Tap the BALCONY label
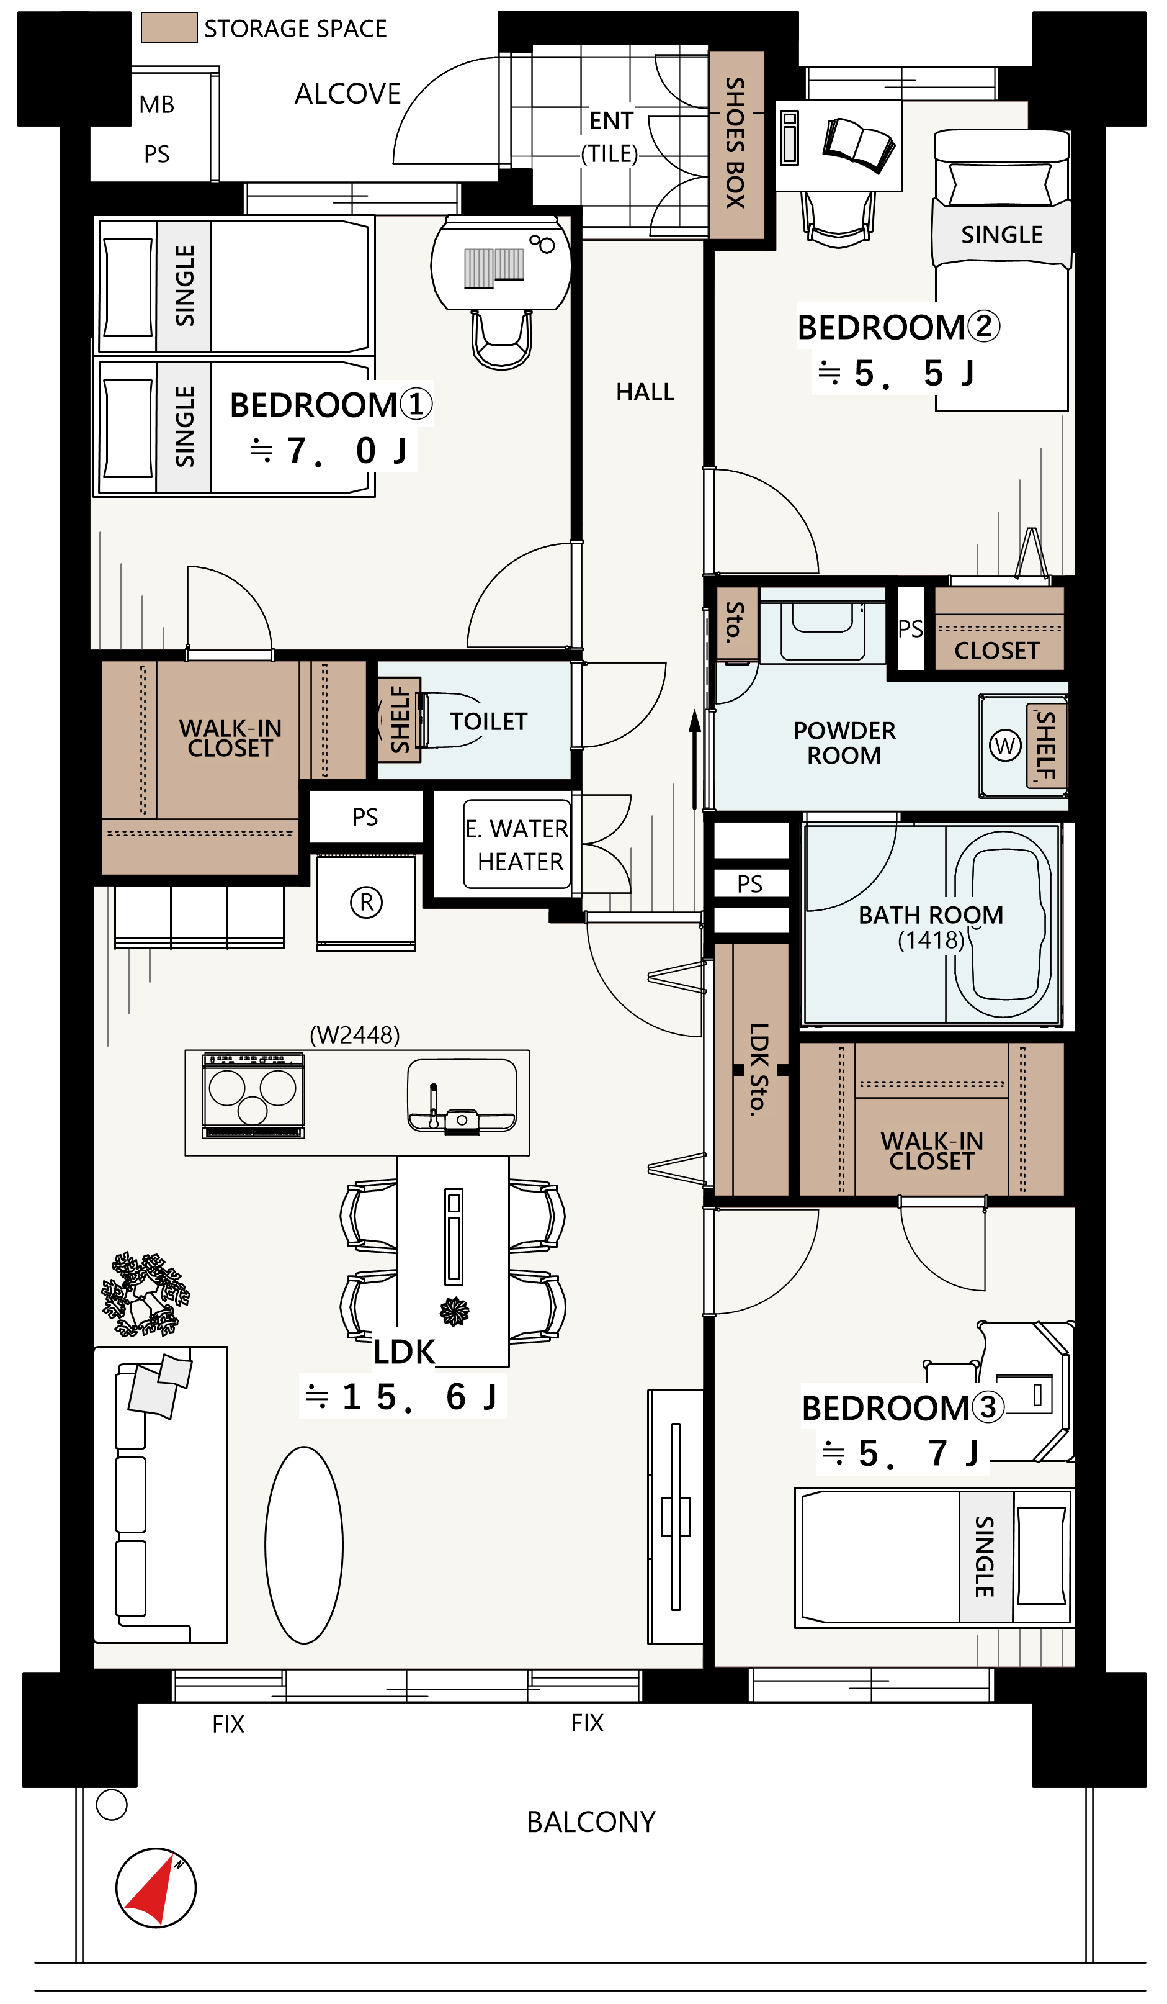pos(591,1821)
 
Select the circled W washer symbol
pos(1005,745)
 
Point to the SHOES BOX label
pos(735,143)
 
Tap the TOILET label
pos(488,721)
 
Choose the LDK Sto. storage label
pos(758,1070)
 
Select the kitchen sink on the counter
pos(461,1095)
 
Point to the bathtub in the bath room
pos(1003,924)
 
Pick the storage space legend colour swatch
pos(169,28)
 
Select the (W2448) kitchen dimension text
pos(354,1035)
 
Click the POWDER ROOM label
pos(844,742)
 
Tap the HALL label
pos(645,392)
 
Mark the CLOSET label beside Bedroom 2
pos(996,651)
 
